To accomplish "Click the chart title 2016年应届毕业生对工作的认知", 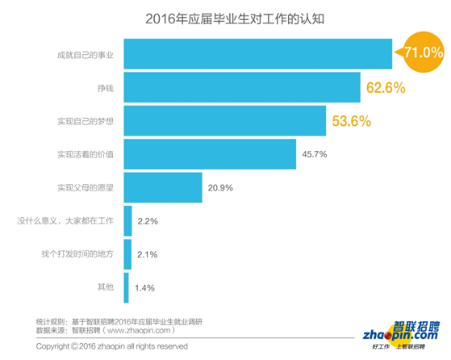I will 225,17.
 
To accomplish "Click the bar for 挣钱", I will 241,86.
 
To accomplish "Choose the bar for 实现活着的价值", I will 209,153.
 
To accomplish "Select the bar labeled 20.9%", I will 162,187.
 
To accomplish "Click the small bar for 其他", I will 127,287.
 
